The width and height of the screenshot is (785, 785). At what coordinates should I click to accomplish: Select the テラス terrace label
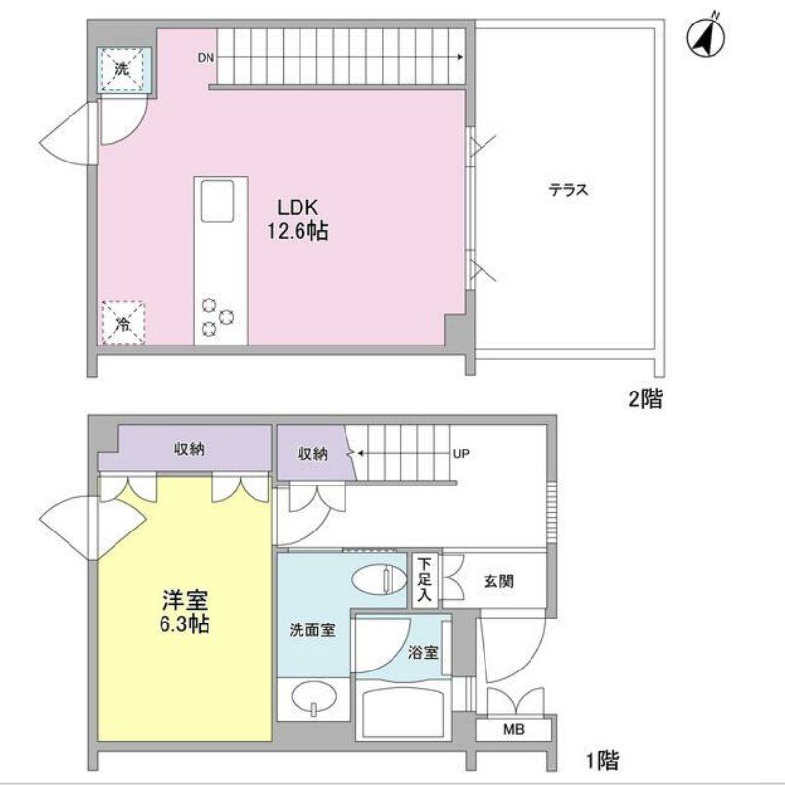click(x=568, y=191)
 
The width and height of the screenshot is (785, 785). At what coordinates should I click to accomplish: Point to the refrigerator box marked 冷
click(x=122, y=323)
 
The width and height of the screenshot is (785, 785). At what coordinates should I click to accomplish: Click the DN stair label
click(x=206, y=58)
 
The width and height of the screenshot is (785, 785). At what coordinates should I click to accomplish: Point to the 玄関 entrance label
click(x=498, y=581)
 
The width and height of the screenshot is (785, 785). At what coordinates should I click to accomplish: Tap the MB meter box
click(x=513, y=729)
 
